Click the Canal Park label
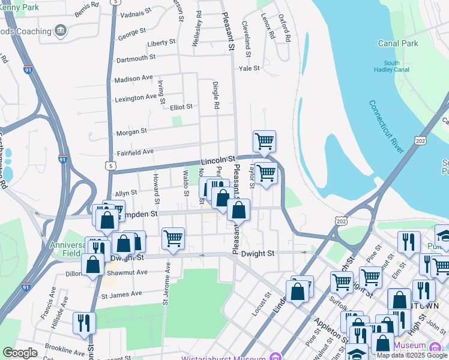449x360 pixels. pos(398,43)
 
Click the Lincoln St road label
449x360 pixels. pos(216,161)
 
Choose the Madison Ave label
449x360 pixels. pos(133,79)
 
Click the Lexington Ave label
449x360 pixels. pos(136,98)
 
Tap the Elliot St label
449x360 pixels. pos(181,107)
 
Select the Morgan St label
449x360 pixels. pos(131,131)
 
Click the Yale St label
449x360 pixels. pos(249,68)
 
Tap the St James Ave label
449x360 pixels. pos(121,295)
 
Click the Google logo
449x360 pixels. pos(20,353)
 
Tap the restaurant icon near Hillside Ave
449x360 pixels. pos(84,322)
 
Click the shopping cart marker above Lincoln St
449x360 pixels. pos(264,142)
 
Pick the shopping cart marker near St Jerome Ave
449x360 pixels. pos(173,238)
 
